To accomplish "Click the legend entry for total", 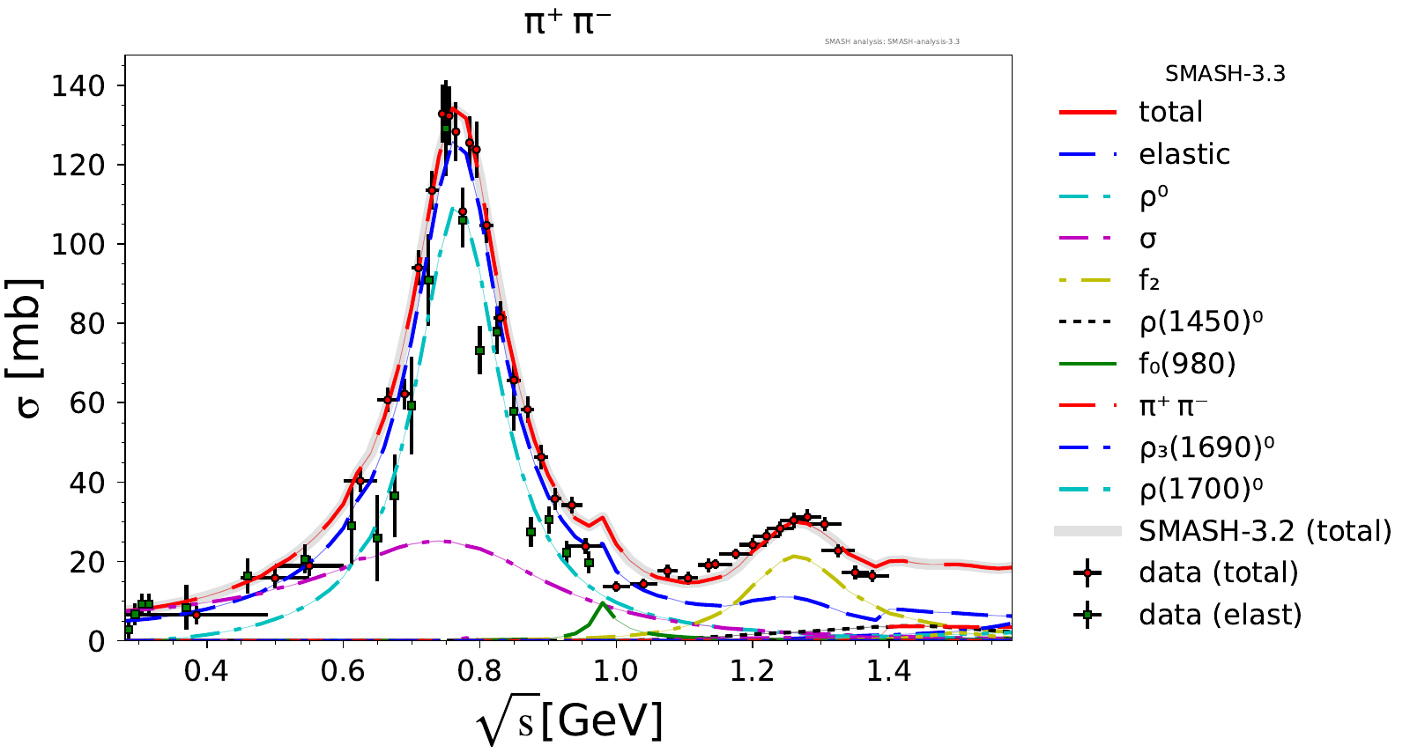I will pos(1170,112).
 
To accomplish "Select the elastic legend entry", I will pos(1184,154).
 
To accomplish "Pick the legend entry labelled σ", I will pos(1147,239).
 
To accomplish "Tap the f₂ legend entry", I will pos(1149,281).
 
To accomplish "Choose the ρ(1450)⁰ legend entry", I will pos(1200,322).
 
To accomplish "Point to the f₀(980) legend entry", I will pos(1187,364).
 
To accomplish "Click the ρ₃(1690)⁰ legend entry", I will pos(1206,447).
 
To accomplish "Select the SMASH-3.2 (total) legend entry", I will pos(1265,531).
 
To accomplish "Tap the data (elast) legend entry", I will pos(1220,615).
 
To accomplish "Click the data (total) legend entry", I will pos(1218,572).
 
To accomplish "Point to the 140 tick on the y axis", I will pos(78,85).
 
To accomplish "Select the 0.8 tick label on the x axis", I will pos(479,671).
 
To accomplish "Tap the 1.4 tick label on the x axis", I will pos(888,671).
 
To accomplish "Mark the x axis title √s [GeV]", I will pos(569,722).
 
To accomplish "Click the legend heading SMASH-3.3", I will pos(1225,74).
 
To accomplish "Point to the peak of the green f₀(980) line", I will pos(602,603).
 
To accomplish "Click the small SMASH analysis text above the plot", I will pos(892,41).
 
